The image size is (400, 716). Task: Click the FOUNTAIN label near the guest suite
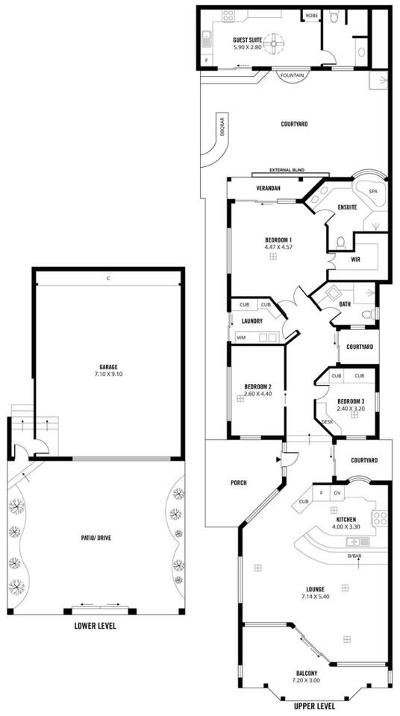pos(292,75)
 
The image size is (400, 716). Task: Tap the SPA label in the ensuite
pos(373,192)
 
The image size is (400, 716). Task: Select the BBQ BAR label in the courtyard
pos(222,127)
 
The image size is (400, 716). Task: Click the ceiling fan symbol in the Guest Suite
pos(275,43)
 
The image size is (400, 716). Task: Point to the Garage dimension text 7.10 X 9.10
pos(109,374)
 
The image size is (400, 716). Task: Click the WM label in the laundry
pos(240,338)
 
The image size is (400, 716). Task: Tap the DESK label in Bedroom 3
pos(328,422)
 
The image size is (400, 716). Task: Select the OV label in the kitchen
pos(337,493)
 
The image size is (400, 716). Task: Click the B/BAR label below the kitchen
pos(354,556)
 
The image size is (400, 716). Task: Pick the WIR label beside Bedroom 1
pos(356,260)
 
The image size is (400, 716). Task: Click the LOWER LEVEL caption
pos(95,626)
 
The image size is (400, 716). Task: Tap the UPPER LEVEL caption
pos(314,706)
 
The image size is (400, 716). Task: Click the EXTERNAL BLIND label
pos(287,170)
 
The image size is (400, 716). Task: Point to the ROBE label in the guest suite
pos(312,16)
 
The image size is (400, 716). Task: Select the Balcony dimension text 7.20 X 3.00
pos(306,680)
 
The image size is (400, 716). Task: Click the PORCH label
pos(239,483)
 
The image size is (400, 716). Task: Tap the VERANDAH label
pos(268,188)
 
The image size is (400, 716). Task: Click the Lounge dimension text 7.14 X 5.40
pos(316,597)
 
